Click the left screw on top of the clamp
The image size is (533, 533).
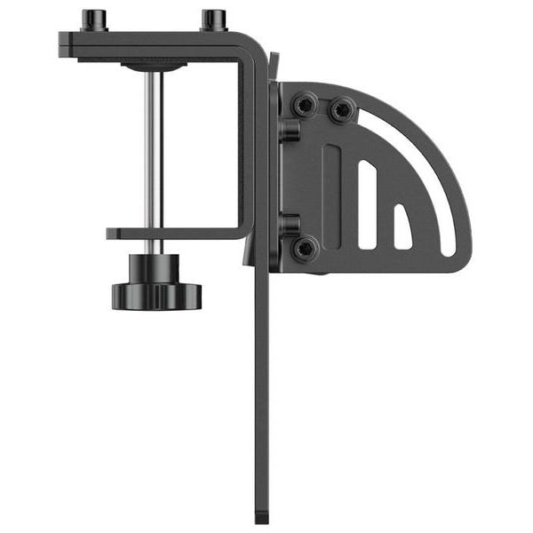coord(94,20)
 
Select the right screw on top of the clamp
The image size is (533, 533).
coord(214,20)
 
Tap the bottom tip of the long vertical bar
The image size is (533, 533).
coord(262,515)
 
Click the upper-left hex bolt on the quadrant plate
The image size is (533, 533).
coord(305,107)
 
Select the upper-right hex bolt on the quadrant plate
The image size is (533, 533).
coord(341,111)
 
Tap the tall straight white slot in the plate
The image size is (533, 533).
coord(366,203)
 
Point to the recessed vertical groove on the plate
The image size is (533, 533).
coord(331,195)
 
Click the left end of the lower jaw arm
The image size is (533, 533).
coord(112,234)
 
